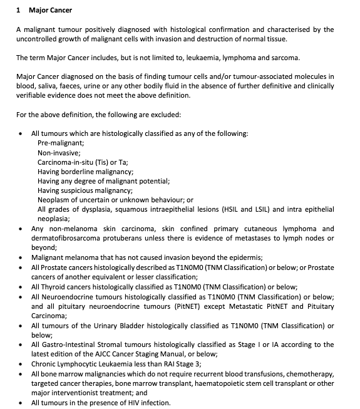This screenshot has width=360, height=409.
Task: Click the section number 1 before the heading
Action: [x=19, y=11]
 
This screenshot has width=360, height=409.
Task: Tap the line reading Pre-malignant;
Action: [x=61, y=143]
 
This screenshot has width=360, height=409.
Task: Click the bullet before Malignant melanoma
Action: [x=22, y=258]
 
